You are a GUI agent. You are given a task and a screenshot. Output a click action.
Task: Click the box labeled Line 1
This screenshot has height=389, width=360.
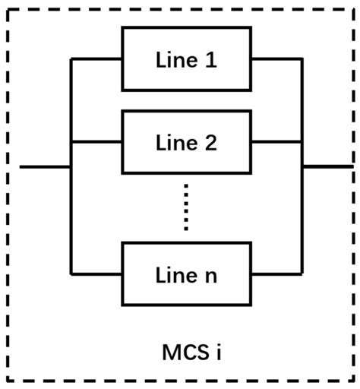click(186, 59)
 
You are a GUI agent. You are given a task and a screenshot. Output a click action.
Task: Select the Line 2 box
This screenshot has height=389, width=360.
click(186, 141)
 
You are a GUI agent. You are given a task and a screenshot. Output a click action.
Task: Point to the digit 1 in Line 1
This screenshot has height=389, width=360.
click(210, 60)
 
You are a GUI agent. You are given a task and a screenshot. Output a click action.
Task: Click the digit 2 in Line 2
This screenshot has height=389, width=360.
click(210, 142)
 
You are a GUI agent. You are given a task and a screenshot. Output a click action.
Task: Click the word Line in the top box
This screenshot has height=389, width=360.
click(175, 60)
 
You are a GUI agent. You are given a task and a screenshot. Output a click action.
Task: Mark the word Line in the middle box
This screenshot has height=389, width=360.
click(175, 142)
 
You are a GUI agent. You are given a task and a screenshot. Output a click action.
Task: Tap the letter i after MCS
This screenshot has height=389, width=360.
click(217, 352)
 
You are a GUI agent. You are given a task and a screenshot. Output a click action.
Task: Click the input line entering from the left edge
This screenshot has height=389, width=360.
click(44, 166)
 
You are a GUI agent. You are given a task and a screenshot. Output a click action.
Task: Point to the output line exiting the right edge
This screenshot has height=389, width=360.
click(327, 166)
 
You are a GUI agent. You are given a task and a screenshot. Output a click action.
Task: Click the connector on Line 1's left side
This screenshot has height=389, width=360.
click(96, 59)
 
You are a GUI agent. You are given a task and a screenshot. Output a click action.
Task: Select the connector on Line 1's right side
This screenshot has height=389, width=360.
click(276, 59)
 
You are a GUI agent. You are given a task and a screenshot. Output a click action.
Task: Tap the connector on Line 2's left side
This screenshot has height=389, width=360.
click(96, 141)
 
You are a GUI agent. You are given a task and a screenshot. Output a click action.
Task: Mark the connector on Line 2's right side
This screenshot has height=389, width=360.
click(276, 141)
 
